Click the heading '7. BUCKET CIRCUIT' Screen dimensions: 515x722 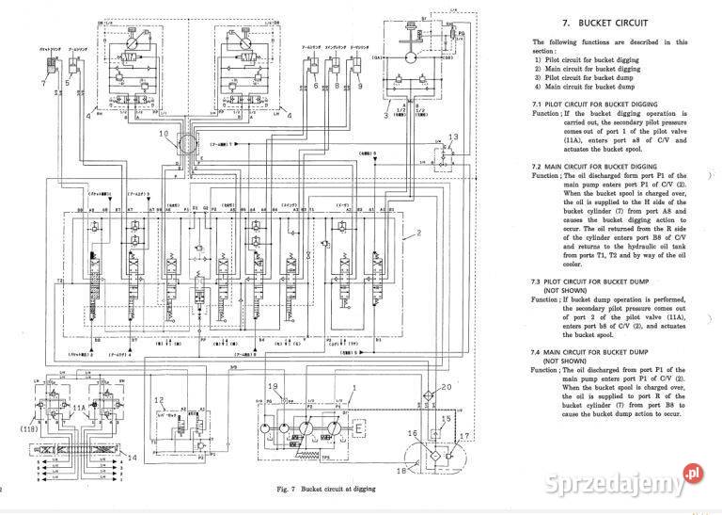coord(605,21)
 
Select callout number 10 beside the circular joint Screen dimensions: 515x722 coord(164,134)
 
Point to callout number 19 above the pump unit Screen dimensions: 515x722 coord(273,388)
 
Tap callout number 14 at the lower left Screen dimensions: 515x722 coord(132,457)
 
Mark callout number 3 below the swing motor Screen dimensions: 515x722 coord(386,114)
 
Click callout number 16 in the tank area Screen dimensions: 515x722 coord(411,432)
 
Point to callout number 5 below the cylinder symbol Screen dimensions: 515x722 coord(69,83)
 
